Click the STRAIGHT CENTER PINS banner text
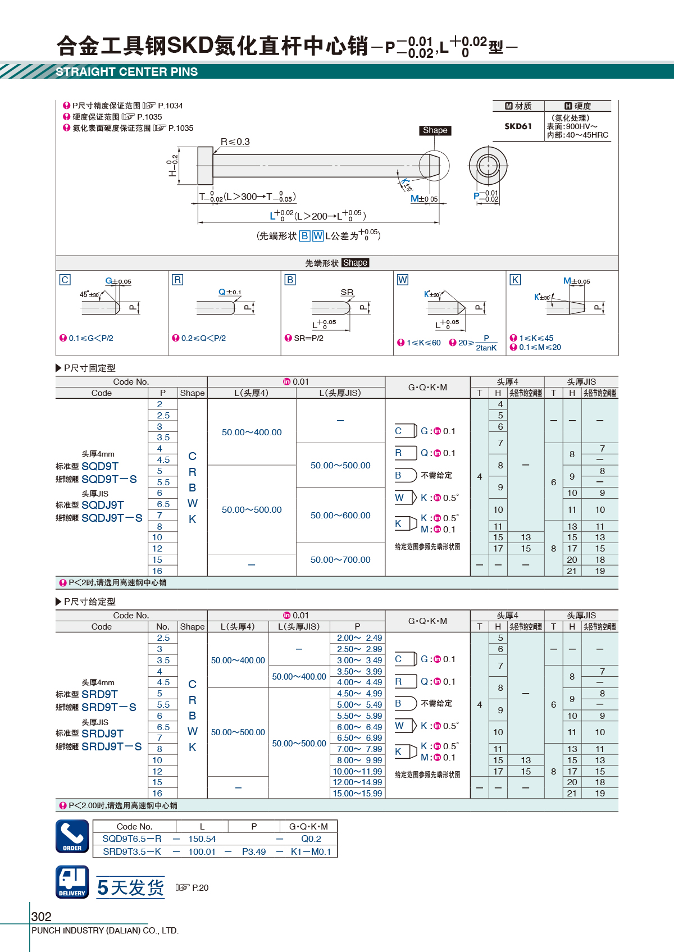pyautogui.click(x=126, y=72)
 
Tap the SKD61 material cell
pyautogui.click(x=517, y=126)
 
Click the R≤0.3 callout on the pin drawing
pyautogui.click(x=235, y=142)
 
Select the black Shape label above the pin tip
pyautogui.click(x=435, y=130)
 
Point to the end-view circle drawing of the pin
pyautogui.click(x=488, y=166)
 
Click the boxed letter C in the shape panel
pyautogui.click(x=65, y=280)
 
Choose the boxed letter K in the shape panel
pyautogui.click(x=515, y=280)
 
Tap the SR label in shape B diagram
pyautogui.click(x=347, y=292)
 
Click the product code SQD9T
pyautogui.click(x=100, y=466)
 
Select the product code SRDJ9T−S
pyautogui.click(x=111, y=746)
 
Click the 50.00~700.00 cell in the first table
pyautogui.click(x=340, y=559)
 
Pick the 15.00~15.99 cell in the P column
pyautogui.click(x=357, y=793)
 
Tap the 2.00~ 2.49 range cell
pyautogui.click(x=359, y=638)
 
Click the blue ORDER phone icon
pyautogui.click(x=72, y=836)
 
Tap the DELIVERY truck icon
pyautogui.click(x=72, y=882)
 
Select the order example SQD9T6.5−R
pyautogui.click(x=132, y=839)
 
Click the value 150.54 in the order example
pyautogui.click(x=202, y=839)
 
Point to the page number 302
pyautogui.click(x=42, y=917)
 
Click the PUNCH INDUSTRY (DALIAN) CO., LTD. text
pyautogui.click(x=105, y=931)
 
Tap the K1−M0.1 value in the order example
pyautogui.click(x=311, y=851)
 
